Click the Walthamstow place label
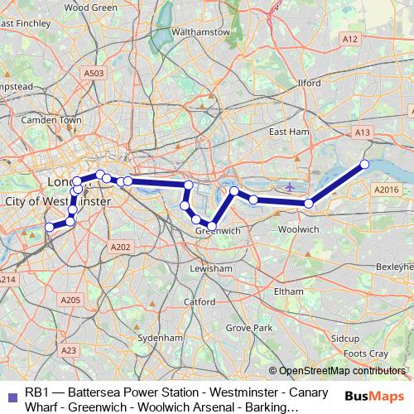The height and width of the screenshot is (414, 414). point(199,31)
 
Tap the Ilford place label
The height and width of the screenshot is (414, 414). point(309,84)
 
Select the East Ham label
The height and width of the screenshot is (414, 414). point(288,132)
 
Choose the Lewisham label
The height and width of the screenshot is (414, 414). point(210,269)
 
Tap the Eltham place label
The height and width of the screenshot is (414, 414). point(288,291)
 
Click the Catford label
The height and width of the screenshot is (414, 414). point(200,302)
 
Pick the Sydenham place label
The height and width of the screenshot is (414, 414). point(159,339)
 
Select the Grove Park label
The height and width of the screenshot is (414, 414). point(249,329)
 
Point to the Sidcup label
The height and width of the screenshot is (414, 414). point(345,339)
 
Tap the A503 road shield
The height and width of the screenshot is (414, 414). point(94,74)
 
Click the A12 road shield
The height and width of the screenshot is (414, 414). point(350,39)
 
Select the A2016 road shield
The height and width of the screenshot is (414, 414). point(386,190)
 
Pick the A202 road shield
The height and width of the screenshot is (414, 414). point(120,247)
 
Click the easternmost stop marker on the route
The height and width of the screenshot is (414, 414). point(364,164)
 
